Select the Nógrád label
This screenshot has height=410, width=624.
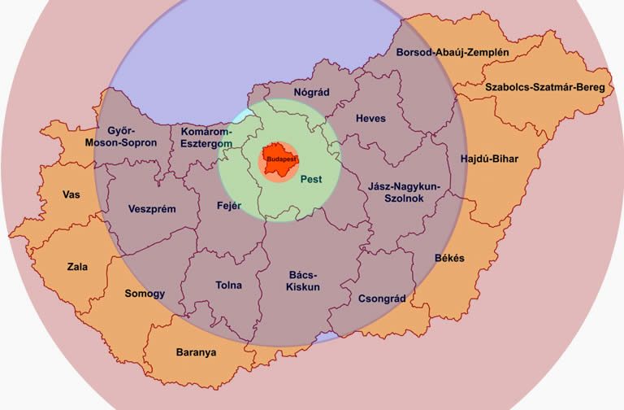(311, 92)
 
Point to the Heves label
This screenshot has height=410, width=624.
(370, 118)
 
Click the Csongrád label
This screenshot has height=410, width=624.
(382, 299)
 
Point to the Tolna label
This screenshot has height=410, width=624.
(229, 286)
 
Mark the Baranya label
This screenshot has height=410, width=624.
(196, 352)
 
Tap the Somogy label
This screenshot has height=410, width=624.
(145, 294)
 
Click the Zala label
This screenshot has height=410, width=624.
(78, 266)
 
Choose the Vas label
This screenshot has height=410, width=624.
(71, 194)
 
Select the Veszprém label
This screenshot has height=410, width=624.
(152, 209)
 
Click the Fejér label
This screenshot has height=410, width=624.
(230, 206)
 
